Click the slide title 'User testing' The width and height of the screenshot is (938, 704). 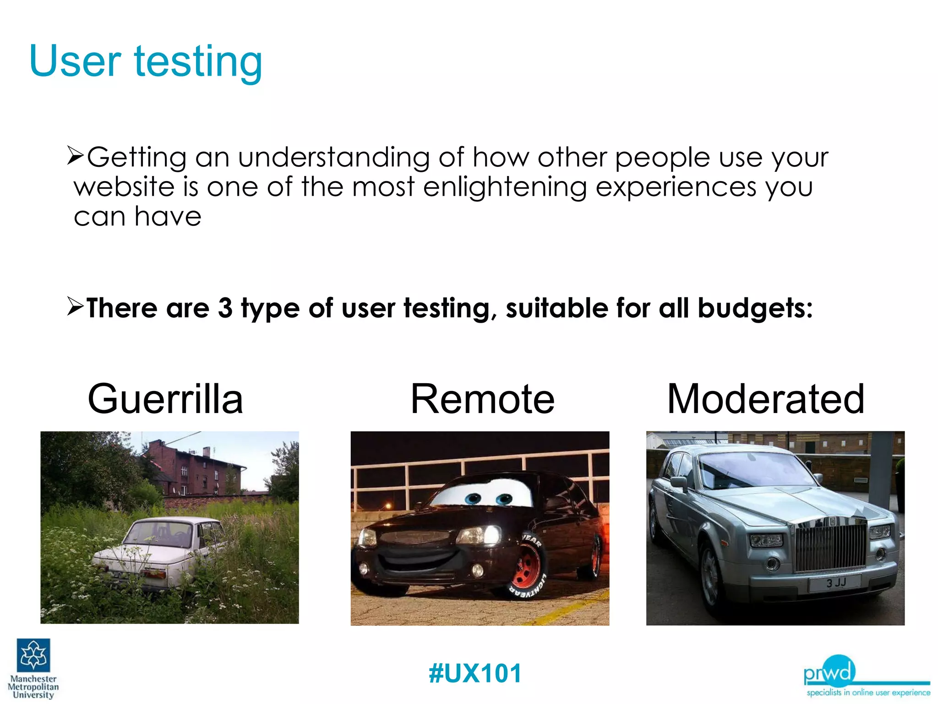point(146,61)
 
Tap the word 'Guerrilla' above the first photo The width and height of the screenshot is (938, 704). point(165,399)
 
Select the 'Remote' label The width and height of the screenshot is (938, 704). point(482,399)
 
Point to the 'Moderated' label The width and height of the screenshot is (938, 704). point(766,399)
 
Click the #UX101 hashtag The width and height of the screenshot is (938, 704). point(475,673)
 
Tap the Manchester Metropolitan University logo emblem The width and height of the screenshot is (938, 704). point(33,655)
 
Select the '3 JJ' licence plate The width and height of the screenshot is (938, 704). point(836,583)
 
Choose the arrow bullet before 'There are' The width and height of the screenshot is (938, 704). point(75,306)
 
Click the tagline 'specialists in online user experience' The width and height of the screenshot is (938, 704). point(868,693)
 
